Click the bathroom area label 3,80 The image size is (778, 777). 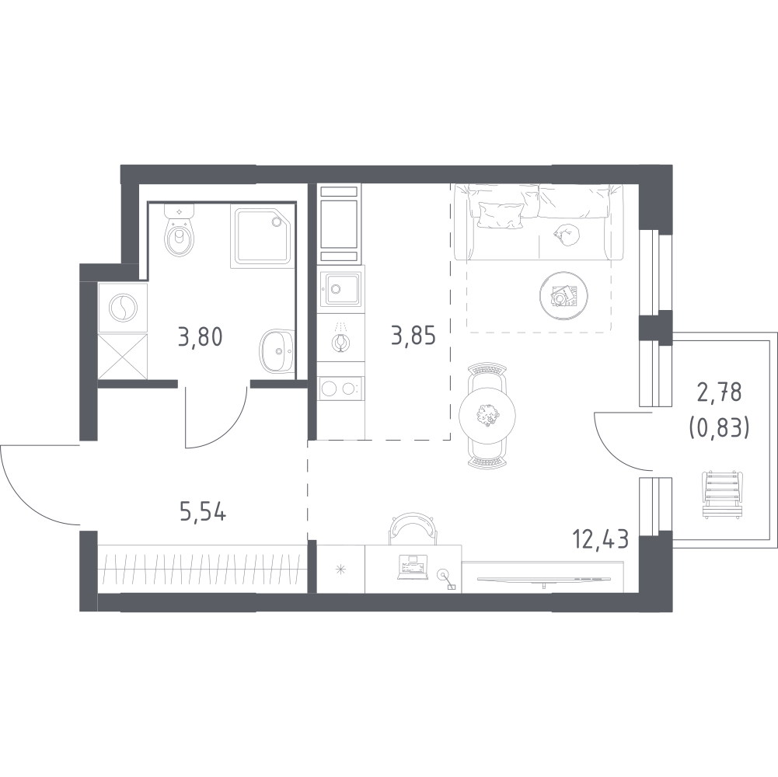[x=200, y=337]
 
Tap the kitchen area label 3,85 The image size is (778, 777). [x=413, y=336]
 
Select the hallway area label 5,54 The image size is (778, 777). [x=203, y=512]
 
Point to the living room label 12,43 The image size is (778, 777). [x=600, y=538]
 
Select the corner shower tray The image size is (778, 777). [x=261, y=239]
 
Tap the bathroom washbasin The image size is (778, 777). [x=277, y=351]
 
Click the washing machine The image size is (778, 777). [x=123, y=308]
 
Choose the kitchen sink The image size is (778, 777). [x=340, y=289]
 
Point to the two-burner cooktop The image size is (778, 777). [x=340, y=388]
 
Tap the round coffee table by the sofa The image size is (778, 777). [x=563, y=296]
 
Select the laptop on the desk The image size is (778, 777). [x=412, y=567]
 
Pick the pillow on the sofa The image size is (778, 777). [x=500, y=215]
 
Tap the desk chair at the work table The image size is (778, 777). [x=413, y=528]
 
